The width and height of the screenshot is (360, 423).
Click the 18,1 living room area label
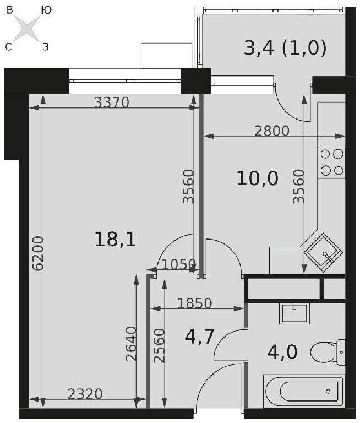[x=115, y=240]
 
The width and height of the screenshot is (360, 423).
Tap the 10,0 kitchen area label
[x=257, y=178]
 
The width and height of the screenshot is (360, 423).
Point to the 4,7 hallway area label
[x=200, y=337]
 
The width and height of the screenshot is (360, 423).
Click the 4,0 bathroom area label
[x=282, y=352]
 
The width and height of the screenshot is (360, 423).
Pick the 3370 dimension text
[x=112, y=102]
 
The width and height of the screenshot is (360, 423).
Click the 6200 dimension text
[x=37, y=253]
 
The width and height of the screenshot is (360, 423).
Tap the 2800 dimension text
[x=272, y=131]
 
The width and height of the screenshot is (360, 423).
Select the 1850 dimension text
[x=195, y=303]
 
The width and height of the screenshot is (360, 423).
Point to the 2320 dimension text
[x=85, y=394]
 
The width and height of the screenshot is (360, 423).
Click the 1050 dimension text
[x=178, y=264]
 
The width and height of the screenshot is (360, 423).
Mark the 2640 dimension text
[x=132, y=344]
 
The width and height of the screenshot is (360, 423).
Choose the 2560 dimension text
[x=159, y=346]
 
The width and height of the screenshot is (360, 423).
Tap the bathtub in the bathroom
[x=304, y=391]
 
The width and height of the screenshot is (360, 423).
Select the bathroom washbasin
[x=294, y=313]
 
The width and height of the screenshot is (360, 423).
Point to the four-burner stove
[x=331, y=162]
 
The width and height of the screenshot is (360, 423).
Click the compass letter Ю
[x=46, y=10]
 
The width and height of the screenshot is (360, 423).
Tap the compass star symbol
[x=27, y=29]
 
